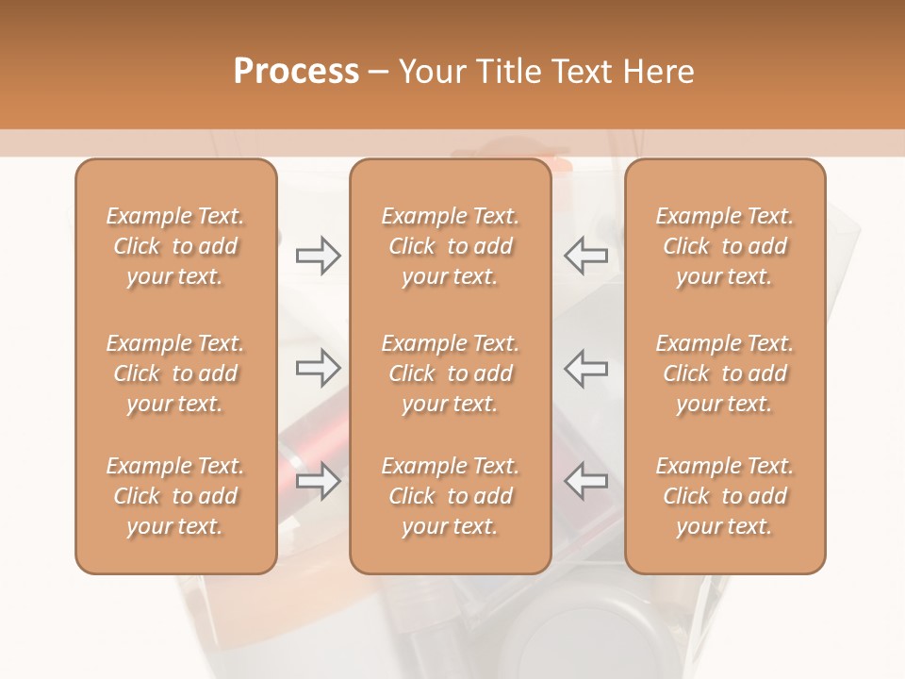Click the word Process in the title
point(296,71)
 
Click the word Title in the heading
point(506,71)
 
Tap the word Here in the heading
point(658,71)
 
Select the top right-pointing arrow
point(319,255)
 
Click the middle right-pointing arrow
point(319,368)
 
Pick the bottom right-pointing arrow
point(319,481)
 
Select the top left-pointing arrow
point(585,255)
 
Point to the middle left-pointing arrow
point(585,368)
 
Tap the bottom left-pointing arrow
point(585,481)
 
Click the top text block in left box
point(175,246)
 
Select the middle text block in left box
point(175,373)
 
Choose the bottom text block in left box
point(175,496)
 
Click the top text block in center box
point(451,246)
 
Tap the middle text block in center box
point(451,373)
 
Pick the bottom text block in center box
point(451,496)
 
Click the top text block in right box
point(725,246)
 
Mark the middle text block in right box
point(725,373)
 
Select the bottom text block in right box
point(725,496)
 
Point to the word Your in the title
point(434,71)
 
